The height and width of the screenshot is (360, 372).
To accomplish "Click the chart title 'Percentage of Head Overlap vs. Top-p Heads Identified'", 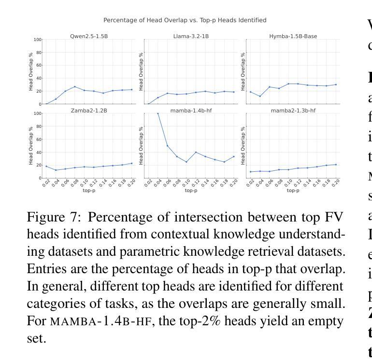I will tap(185, 20).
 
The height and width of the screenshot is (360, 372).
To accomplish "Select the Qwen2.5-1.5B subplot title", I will tap(89, 36).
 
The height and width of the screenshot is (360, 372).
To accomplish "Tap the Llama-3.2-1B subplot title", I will tap(191, 36).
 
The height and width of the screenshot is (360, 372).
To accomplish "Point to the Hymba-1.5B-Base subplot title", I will tap(293, 36).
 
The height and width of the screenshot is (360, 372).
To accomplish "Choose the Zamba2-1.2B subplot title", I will tap(89, 111).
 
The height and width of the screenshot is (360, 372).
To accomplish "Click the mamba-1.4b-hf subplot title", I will tap(191, 111).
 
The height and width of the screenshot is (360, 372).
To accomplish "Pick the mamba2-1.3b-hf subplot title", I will tap(293, 111).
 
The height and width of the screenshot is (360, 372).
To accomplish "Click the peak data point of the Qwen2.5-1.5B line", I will tap(75, 87).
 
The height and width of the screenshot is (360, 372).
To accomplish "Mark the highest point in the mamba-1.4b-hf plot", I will tap(158, 113).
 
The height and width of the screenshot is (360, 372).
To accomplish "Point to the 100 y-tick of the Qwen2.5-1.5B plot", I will tap(37, 40).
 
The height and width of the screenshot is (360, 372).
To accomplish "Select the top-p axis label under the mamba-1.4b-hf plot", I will tap(191, 191).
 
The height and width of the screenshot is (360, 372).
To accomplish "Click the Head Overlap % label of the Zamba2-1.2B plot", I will tap(31, 146).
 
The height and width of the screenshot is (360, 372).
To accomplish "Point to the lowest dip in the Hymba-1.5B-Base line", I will tap(260, 96).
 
